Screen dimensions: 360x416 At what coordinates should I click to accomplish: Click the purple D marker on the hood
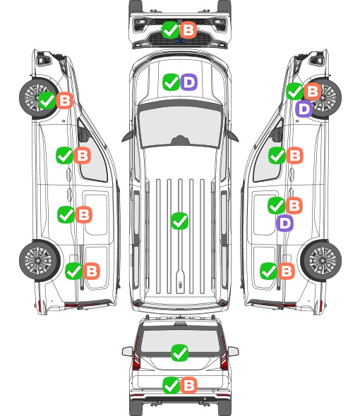[x=189, y=82]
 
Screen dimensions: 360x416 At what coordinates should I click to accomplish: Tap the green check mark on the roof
[x=179, y=221]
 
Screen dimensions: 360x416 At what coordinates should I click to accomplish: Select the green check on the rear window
[x=179, y=353]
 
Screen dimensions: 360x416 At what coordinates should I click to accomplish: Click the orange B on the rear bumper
[x=189, y=385]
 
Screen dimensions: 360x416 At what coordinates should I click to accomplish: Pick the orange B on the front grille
[x=188, y=30]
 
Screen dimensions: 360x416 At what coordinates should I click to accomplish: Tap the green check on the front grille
[x=170, y=30]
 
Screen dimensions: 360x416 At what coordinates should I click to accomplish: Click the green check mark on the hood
[x=171, y=82]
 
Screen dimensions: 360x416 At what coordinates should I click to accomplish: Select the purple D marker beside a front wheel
[x=304, y=109]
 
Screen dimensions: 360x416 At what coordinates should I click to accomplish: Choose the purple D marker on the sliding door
[x=284, y=224]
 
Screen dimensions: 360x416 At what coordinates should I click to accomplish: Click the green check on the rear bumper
[x=171, y=385]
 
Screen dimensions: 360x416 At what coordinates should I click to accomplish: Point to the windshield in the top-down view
[x=180, y=127]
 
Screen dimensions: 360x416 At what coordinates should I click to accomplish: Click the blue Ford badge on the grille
[x=179, y=41]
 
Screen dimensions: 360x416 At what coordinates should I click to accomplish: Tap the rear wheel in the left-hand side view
[x=40, y=261]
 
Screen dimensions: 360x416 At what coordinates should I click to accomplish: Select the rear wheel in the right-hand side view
[x=321, y=261]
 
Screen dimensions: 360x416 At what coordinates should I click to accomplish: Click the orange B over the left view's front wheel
[x=65, y=101]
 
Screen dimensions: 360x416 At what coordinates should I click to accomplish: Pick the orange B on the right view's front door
[x=295, y=155]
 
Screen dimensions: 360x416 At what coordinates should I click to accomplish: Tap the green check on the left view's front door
[x=64, y=155]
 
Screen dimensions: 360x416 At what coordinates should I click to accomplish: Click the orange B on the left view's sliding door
[x=84, y=214]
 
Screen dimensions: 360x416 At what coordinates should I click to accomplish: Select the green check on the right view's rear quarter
[x=268, y=271]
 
